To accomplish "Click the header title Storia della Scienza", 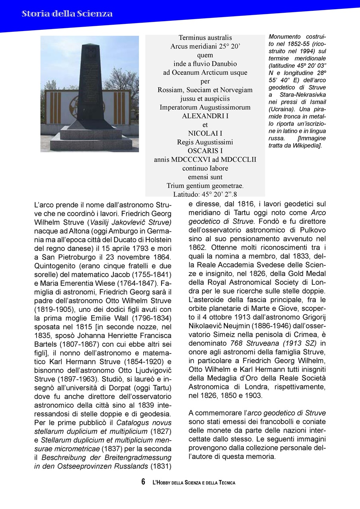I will point(67,14).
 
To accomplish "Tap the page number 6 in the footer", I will point(143,482).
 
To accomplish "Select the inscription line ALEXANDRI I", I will point(205,116).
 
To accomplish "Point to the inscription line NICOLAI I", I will point(205,133).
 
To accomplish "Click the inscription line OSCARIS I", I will point(205,151).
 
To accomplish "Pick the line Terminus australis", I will point(205,38).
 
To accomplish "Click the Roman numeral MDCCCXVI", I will point(189,159).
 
